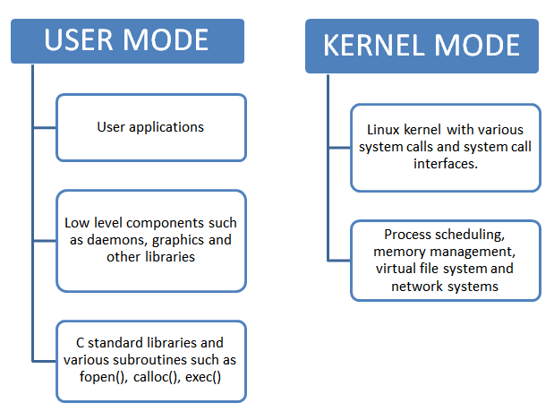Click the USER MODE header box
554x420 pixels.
tap(125, 39)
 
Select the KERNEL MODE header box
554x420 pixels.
tap(422, 46)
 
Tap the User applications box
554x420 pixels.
tap(150, 127)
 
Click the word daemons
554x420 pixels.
tap(114, 239)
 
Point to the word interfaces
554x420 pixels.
tap(445, 164)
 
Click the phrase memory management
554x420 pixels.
tap(445, 252)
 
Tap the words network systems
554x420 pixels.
tap(445, 287)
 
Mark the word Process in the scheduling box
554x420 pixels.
tap(409, 234)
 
